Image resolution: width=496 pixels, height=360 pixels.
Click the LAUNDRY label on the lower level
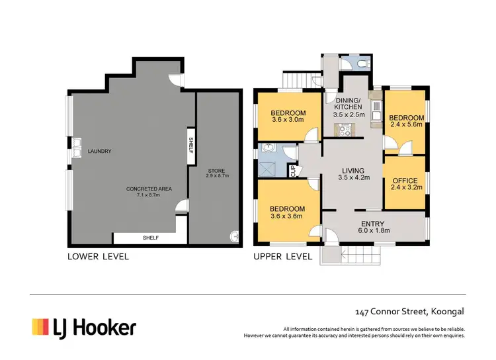100,152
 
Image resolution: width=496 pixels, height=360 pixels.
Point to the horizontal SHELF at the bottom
151,238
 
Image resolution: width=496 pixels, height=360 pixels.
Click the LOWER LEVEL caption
98,256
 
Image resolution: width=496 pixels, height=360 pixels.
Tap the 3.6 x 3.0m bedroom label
288,116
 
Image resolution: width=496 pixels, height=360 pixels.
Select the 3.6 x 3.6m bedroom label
288,212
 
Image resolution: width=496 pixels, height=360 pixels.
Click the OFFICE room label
405,184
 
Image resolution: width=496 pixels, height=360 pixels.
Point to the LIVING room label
352,174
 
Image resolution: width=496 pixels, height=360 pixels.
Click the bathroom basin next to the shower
269,148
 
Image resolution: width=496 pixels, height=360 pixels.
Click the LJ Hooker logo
84,327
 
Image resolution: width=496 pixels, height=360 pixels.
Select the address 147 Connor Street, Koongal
406,311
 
